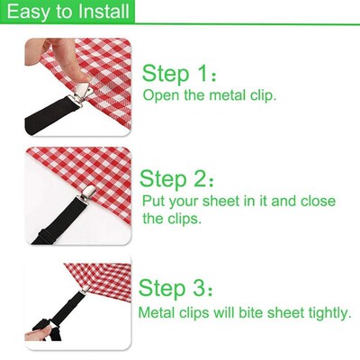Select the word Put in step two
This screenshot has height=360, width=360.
point(154,201)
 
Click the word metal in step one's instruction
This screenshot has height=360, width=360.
point(235,94)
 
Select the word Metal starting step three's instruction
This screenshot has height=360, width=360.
point(157,312)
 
